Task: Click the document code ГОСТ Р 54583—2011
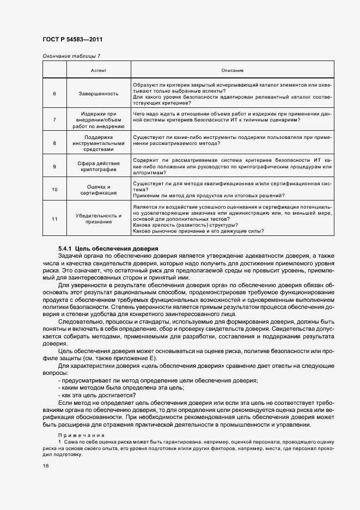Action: [72, 40]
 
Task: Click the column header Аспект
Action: [99, 70]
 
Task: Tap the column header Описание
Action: [233, 70]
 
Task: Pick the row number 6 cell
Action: [54, 93]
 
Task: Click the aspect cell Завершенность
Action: [99, 93]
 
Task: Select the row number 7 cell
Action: [54, 119]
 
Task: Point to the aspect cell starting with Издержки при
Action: [99, 119]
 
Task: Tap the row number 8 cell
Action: [54, 143]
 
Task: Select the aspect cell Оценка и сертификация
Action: [99, 190]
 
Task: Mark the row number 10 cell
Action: [54, 190]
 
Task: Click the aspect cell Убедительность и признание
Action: [99, 218]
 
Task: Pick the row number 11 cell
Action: [54, 218]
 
